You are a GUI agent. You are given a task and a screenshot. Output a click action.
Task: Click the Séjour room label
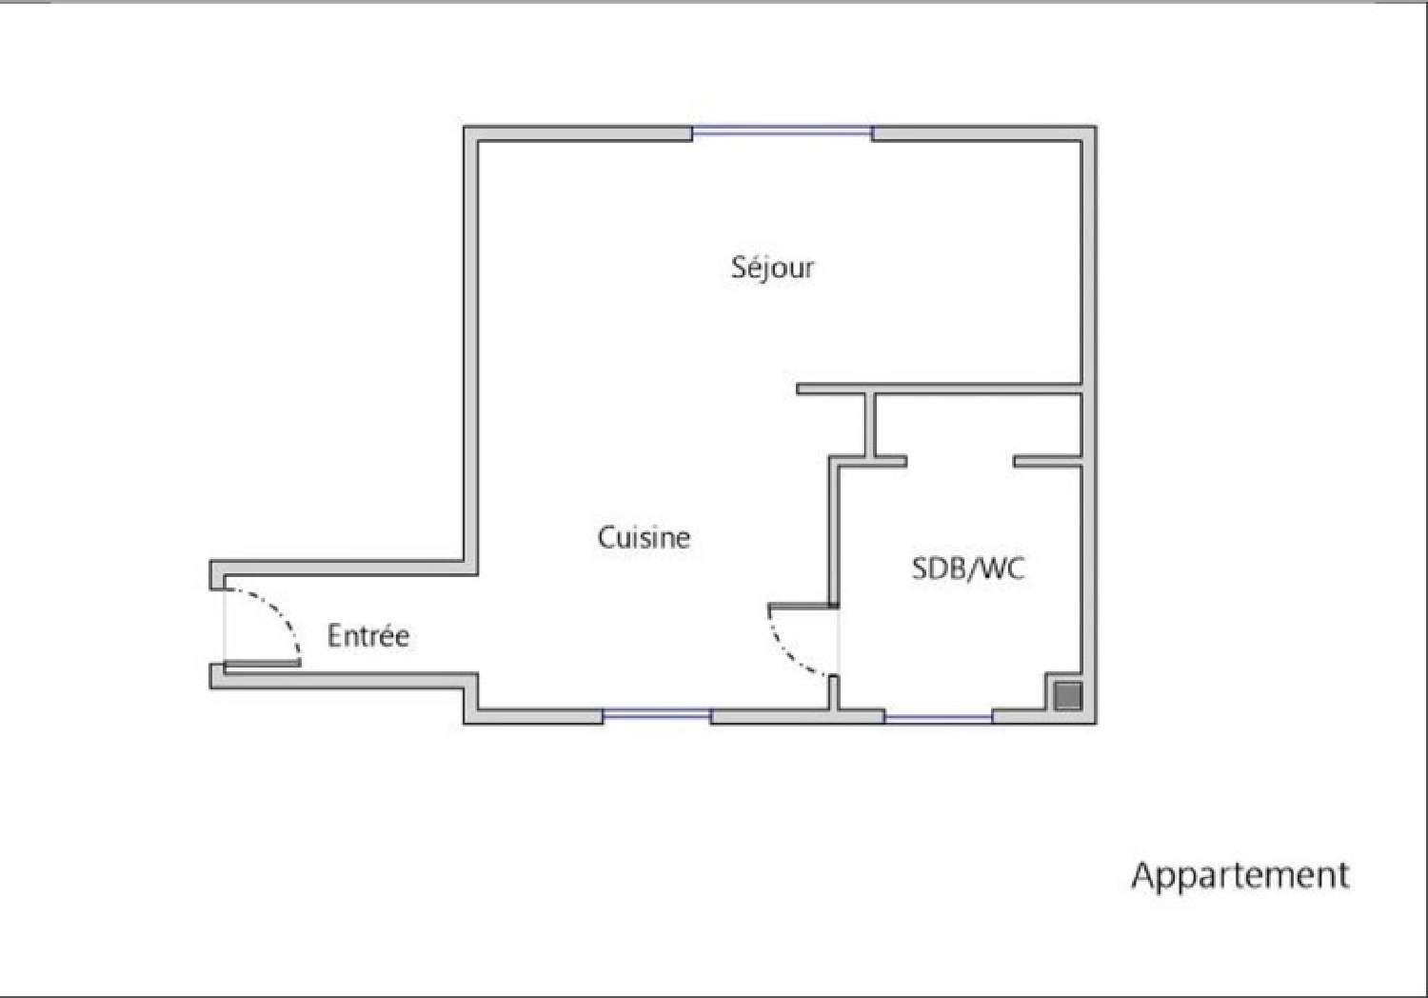[772, 268]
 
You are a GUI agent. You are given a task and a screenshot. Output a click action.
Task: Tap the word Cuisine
[644, 538]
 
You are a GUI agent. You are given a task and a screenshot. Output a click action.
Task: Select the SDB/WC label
[968, 569]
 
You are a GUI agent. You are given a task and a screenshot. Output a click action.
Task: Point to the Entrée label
[368, 636]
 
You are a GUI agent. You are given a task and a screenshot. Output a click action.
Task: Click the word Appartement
[1240, 875]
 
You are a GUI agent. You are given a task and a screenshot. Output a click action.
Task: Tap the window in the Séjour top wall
[782, 132]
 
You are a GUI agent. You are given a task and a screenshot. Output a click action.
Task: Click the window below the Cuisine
[657, 714]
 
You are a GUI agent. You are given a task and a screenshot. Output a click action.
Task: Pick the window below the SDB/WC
[939, 717]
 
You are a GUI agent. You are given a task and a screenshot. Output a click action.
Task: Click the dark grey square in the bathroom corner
[1068, 696]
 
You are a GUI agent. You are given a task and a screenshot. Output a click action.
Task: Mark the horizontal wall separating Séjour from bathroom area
[938, 389]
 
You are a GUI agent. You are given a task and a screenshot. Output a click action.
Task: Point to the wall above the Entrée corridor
[343, 569]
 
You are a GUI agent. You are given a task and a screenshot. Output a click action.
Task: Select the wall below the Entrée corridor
[343, 681]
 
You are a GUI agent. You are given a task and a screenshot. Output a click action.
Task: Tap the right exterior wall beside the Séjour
[1089, 257]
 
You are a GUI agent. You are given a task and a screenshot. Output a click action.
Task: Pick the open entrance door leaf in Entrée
[263, 663]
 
